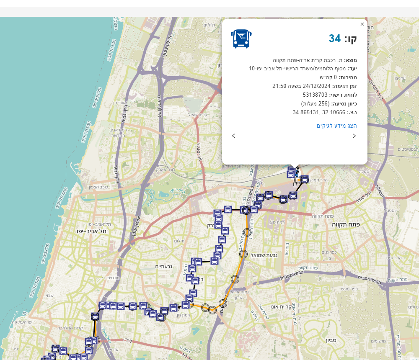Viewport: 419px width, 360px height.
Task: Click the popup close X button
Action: [362, 24]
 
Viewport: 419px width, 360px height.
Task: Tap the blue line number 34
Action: [335, 39]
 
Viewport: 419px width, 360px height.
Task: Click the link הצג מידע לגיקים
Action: [337, 126]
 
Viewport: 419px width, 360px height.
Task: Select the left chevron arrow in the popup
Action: [234, 136]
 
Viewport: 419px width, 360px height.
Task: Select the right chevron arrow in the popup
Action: [354, 136]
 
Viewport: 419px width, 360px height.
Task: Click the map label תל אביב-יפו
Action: [91, 231]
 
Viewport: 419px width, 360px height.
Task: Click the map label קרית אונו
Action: [279, 306]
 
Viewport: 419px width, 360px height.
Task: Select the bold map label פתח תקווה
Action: [346, 224]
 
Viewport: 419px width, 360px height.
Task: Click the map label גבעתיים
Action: [164, 267]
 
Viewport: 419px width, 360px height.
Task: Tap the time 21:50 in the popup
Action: [279, 86]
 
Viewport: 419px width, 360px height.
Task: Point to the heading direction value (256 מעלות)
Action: [316, 103]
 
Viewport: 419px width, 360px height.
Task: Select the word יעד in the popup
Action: [352, 69]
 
